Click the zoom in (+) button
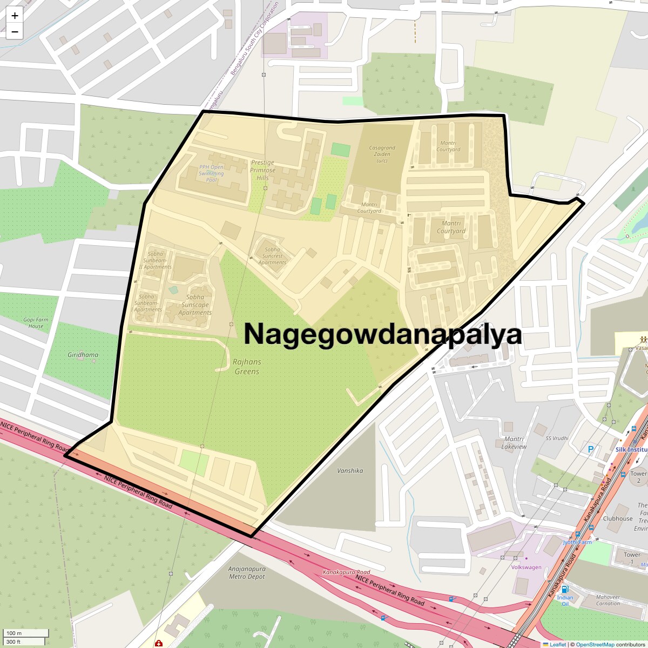15,16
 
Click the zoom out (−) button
15,32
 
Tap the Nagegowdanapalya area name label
383,334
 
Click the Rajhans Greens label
247,367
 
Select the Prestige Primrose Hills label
262,170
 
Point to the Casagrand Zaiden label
382,154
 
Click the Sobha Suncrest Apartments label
272,256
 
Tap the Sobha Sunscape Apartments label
195,305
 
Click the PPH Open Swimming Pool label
211,173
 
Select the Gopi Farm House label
36,323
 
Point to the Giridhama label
83,355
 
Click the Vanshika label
350,471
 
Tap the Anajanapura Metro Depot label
247,573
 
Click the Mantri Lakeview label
514,443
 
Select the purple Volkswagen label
526,567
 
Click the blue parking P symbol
590,449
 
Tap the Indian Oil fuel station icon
564,589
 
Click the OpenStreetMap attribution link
595,644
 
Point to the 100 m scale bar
25,633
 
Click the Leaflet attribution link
557,644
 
